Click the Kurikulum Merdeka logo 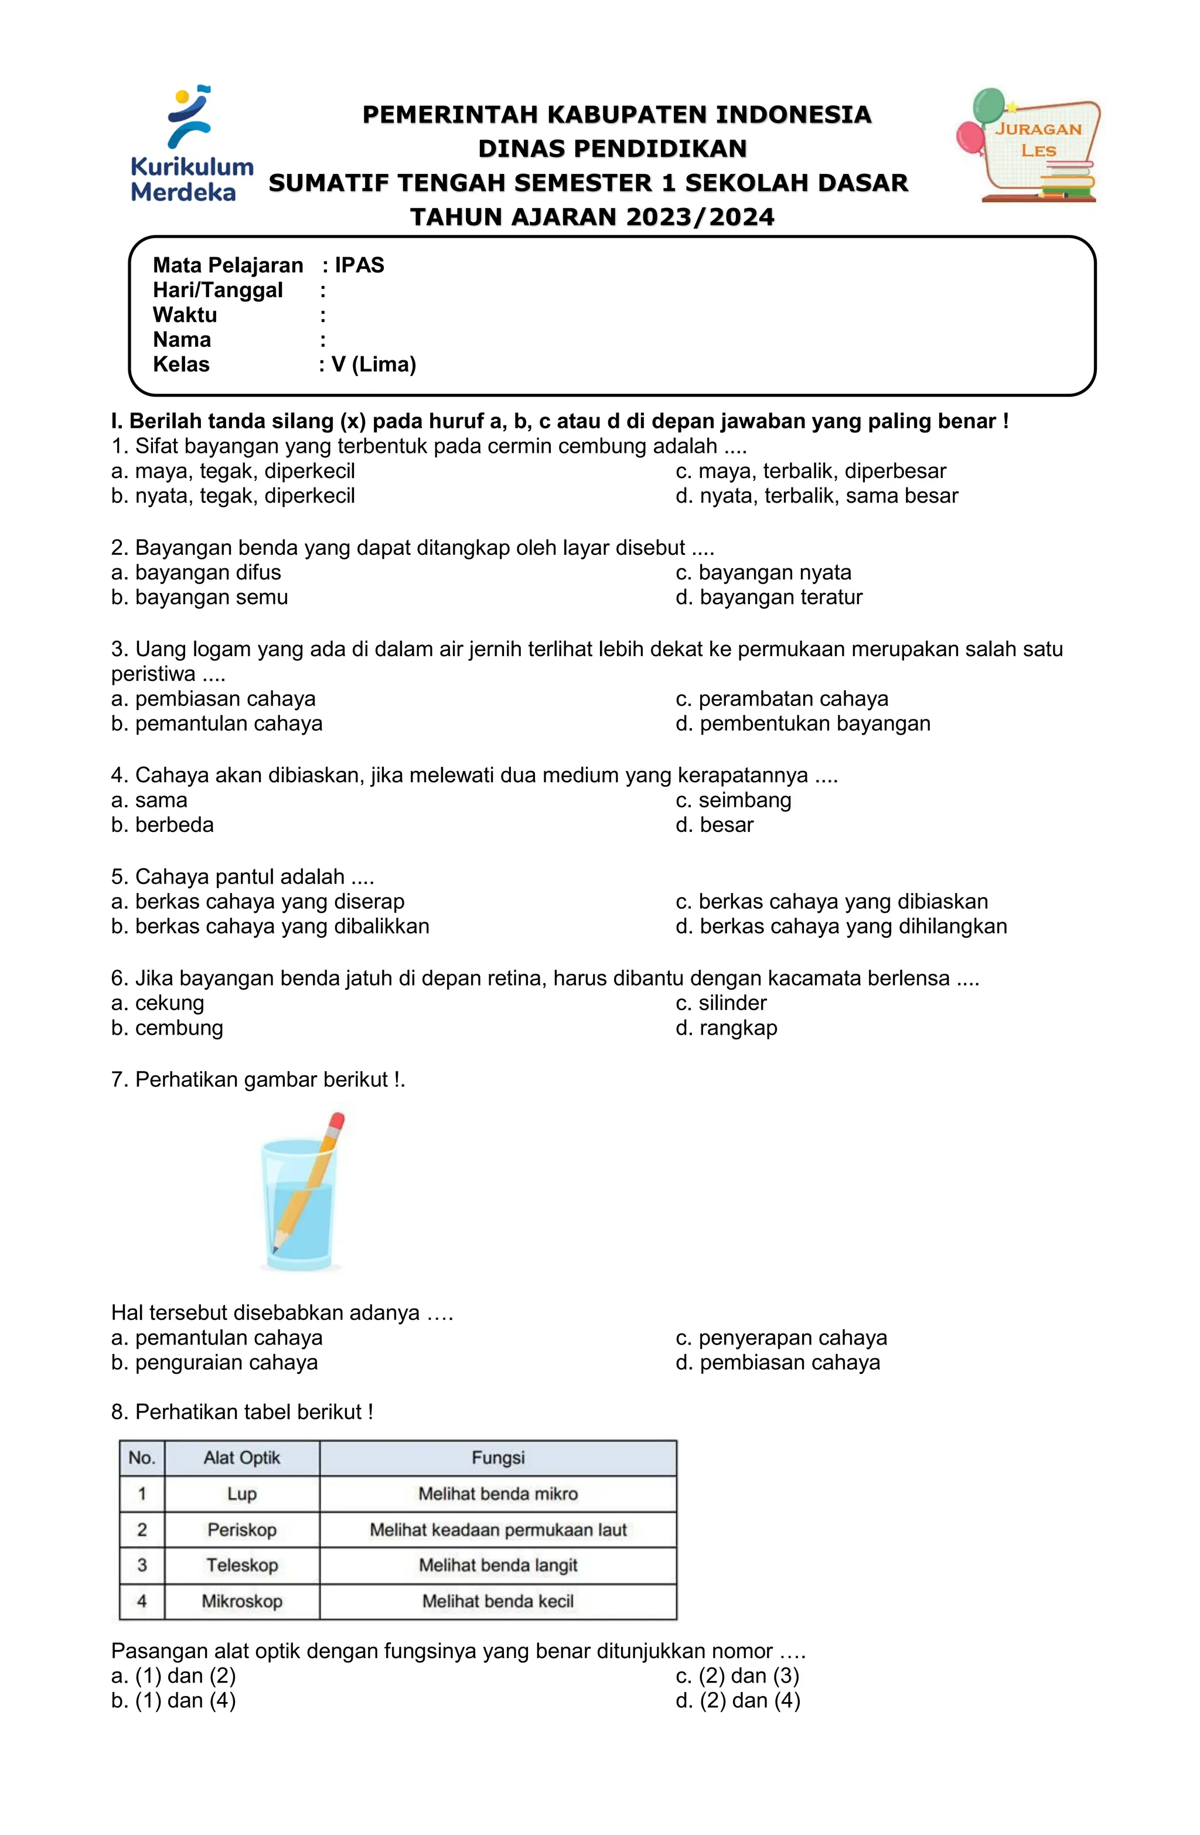coord(190,145)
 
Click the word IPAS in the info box coord(359,265)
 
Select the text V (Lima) coord(373,364)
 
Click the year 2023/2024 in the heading coord(700,217)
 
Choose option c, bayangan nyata coord(763,572)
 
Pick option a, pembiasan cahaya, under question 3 coord(214,698)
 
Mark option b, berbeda coord(163,824)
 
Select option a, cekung coord(158,1002)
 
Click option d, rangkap coord(727,1027)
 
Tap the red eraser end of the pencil coord(336,1121)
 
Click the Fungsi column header coord(497,1457)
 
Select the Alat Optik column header coord(241,1457)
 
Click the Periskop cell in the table coord(241,1530)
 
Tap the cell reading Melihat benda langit coord(497,1565)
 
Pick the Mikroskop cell coord(241,1601)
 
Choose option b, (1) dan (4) coord(173,1700)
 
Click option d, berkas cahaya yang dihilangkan coord(841,926)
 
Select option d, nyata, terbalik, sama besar coord(817,496)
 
